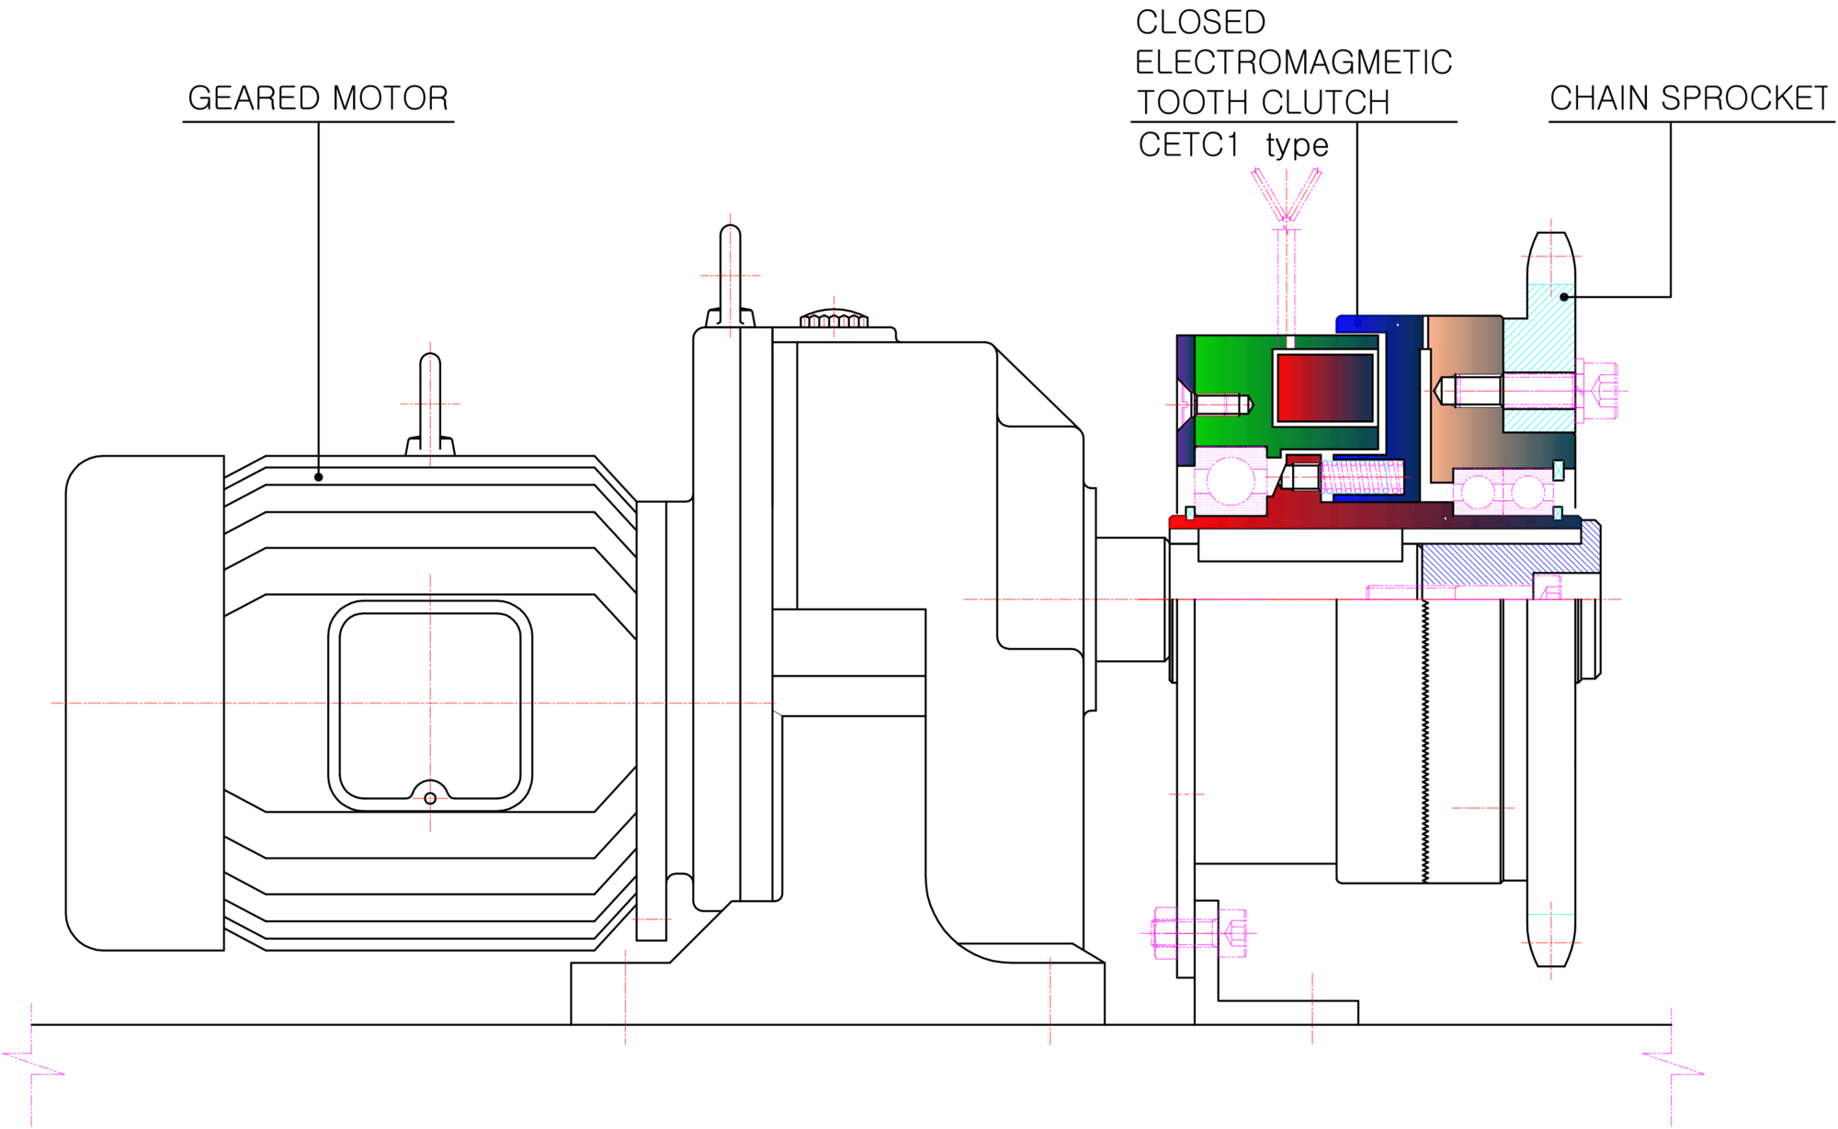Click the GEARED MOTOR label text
click(318, 98)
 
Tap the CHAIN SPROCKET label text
click(1689, 98)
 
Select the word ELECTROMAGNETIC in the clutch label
click(1293, 63)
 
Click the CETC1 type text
click(1233, 145)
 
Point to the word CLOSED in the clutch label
click(1200, 22)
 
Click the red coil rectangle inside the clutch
click(1325, 388)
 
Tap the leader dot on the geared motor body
click(318, 477)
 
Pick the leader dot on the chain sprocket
click(1564, 297)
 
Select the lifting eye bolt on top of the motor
click(430, 405)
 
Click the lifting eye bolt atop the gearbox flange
click(731, 276)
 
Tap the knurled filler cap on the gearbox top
click(834, 318)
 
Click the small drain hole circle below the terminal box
click(430, 798)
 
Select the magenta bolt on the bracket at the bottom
click(1199, 933)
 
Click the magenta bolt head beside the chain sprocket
click(1597, 391)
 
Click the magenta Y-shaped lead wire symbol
click(1287, 195)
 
